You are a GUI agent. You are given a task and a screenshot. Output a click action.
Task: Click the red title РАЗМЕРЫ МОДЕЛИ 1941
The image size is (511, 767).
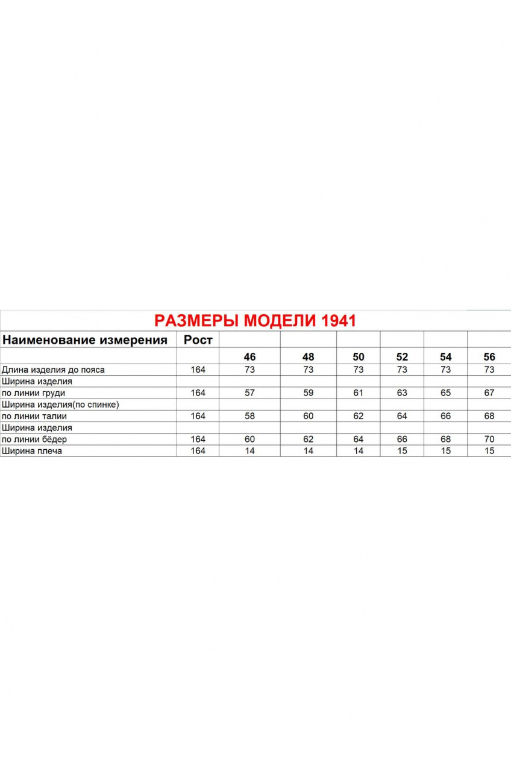(255, 320)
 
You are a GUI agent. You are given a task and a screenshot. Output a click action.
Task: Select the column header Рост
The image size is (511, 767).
(198, 340)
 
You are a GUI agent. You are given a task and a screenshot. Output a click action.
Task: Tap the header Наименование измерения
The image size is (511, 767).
(85, 340)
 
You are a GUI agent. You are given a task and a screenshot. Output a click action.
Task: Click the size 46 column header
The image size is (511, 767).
(249, 357)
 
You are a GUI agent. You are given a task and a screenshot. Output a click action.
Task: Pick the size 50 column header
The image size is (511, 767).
(359, 357)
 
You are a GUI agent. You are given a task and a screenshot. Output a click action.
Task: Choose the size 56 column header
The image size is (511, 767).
(489, 357)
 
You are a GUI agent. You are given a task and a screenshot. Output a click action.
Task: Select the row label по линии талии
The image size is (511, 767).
(34, 416)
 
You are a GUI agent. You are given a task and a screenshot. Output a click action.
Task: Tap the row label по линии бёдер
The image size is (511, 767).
(34, 439)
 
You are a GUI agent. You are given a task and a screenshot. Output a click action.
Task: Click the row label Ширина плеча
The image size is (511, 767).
(32, 450)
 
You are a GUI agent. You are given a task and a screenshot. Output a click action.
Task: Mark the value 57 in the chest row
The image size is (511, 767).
(249, 393)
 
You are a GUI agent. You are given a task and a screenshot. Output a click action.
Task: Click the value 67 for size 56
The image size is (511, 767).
(489, 393)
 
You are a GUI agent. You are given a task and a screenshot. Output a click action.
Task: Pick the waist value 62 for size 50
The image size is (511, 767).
(359, 416)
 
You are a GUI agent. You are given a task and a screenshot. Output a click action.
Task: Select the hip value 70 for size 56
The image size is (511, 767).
(489, 439)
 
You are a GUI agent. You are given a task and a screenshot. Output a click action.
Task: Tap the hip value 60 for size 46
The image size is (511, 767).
(249, 439)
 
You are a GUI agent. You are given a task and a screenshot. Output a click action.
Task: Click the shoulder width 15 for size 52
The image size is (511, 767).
(402, 450)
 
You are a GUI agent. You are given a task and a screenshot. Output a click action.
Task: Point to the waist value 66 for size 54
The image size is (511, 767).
(446, 416)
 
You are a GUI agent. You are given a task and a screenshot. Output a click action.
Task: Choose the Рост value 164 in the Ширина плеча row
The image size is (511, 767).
(198, 450)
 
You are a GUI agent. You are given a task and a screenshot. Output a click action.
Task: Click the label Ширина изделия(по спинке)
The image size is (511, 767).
(60, 405)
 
